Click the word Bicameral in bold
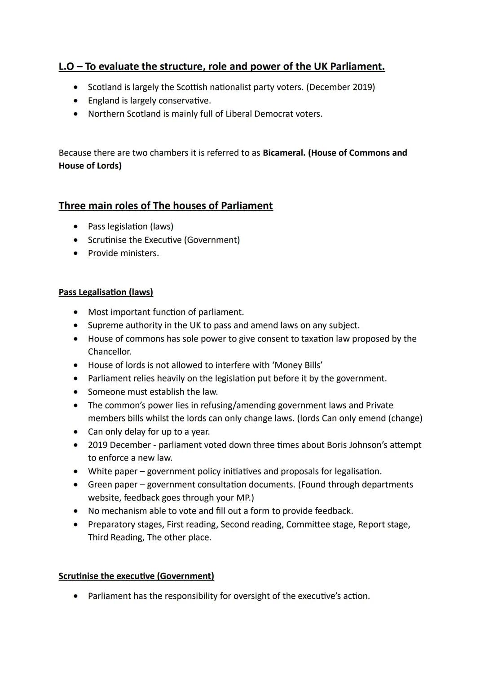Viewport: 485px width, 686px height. (x=283, y=153)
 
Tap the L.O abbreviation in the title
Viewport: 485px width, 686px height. (x=67, y=66)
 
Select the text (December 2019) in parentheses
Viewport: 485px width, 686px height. (x=340, y=87)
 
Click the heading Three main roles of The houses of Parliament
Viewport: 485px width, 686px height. (x=166, y=206)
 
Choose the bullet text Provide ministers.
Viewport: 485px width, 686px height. (x=123, y=253)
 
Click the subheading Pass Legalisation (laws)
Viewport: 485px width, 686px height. (x=106, y=292)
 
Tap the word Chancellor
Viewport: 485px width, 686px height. (x=110, y=352)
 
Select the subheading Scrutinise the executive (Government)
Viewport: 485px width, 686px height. (x=136, y=576)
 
